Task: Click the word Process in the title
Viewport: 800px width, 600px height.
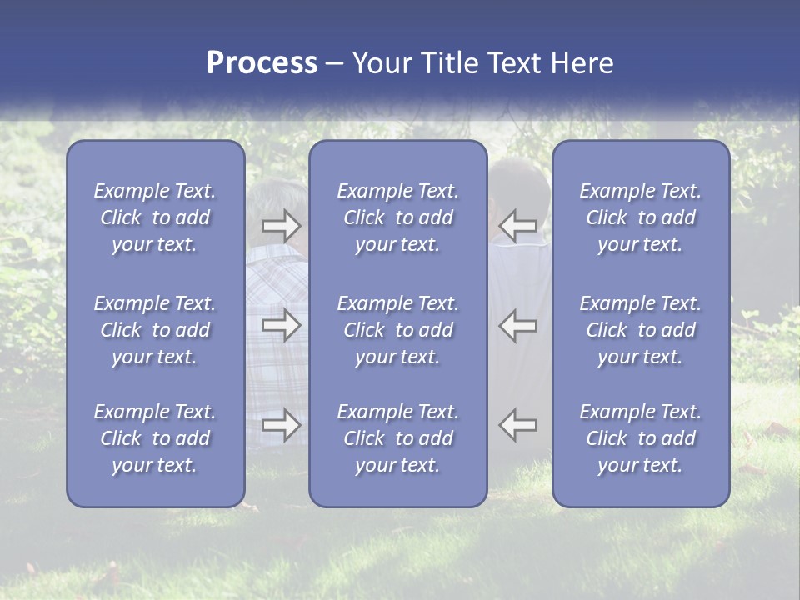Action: click(262, 63)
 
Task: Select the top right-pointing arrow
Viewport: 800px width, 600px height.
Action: click(281, 226)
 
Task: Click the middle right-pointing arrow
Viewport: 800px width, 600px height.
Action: click(281, 325)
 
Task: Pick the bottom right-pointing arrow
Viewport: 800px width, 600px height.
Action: click(281, 424)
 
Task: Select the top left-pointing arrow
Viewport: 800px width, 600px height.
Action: click(518, 226)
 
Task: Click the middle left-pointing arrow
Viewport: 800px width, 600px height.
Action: click(518, 325)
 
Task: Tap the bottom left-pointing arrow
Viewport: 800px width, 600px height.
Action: click(518, 424)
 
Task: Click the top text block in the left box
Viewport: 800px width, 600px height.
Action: click(155, 217)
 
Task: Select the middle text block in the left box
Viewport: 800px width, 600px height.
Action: click(155, 330)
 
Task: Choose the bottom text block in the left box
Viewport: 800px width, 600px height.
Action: click(155, 438)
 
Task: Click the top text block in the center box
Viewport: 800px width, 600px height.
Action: click(397, 217)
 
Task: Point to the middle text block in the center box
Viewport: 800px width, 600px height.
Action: click(397, 330)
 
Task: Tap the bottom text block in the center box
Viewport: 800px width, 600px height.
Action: click(397, 438)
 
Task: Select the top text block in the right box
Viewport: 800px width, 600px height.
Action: click(640, 217)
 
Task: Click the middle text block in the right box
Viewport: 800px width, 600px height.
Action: click(640, 330)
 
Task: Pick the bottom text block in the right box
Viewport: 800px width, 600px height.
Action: click(640, 438)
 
